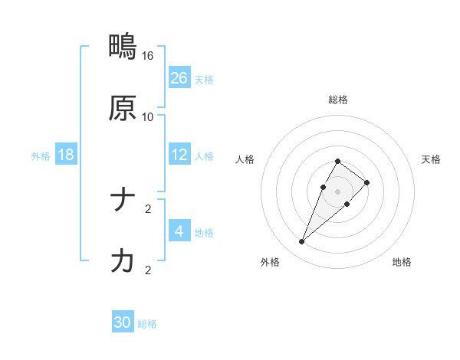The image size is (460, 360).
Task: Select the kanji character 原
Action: tap(123, 109)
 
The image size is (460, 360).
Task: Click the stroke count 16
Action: tap(148, 56)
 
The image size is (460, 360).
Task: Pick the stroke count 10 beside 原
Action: tap(148, 117)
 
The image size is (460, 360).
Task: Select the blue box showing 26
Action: tap(179, 78)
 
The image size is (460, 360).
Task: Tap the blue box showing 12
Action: tap(179, 155)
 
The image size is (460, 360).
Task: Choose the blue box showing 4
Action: tap(179, 231)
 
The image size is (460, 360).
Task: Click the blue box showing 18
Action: tap(66, 155)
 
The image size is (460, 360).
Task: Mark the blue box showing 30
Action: tap(123, 322)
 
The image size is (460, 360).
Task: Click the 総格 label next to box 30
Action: tap(147, 324)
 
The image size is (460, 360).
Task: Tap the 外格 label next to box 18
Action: tap(41, 156)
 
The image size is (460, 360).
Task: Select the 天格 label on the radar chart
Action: tap(431, 159)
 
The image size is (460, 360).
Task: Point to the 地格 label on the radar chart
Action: tap(402, 262)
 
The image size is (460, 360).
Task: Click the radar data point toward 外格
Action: tap(302, 242)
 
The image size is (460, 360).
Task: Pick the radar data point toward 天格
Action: tap(367, 182)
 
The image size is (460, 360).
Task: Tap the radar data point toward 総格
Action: tap(337, 162)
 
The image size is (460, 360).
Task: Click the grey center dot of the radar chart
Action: tap(337, 191)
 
